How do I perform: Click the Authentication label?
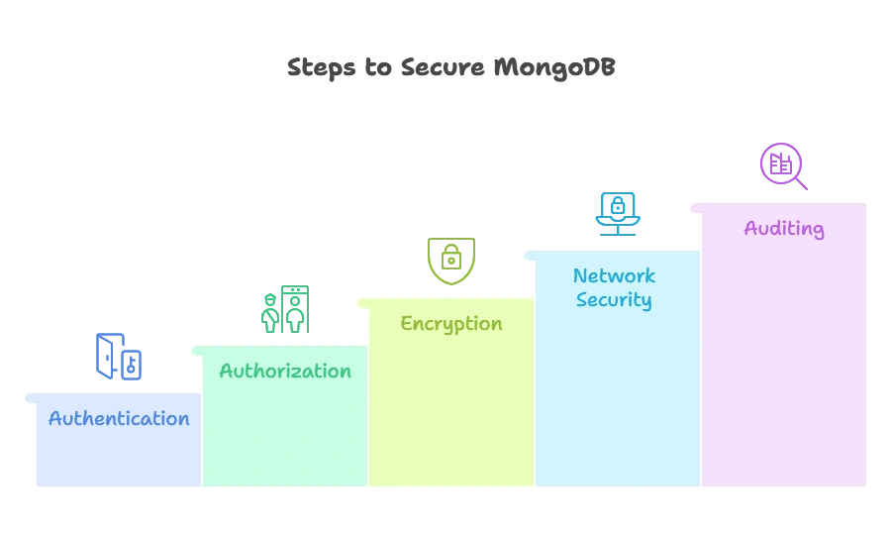pos(119,418)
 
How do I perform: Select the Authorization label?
pos(285,371)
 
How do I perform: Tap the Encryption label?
pos(451,323)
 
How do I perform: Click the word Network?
pos(614,275)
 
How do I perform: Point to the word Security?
pos(614,299)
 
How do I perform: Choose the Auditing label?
pos(784,228)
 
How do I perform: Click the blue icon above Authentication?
pos(119,357)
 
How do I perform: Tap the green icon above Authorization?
pos(285,309)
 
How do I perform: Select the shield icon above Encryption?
pos(451,261)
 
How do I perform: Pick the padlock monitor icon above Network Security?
pos(618,213)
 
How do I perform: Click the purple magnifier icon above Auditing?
pos(783,165)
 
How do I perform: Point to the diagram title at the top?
pos(450,68)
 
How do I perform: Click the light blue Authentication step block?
pos(119,456)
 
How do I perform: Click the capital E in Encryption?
pos(406,323)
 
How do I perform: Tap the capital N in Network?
pos(580,275)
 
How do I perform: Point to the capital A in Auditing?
pos(750,228)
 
